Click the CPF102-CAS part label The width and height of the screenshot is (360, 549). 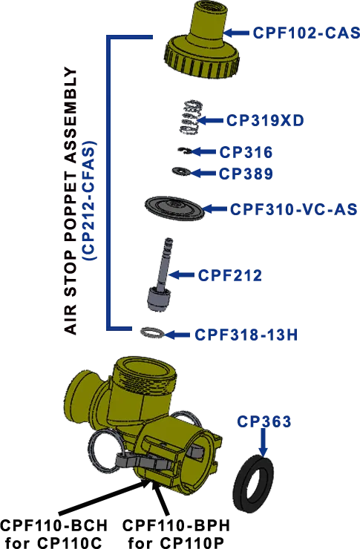(x=306, y=33)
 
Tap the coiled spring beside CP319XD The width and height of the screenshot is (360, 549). (x=189, y=118)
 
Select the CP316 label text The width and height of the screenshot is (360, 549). (x=246, y=152)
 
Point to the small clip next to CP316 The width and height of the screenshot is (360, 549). (x=184, y=151)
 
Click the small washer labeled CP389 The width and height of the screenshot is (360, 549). (x=181, y=171)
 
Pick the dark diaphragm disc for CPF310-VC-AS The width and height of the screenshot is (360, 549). (x=174, y=208)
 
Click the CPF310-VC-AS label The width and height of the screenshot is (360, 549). (x=293, y=209)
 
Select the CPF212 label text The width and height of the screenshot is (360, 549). (x=229, y=275)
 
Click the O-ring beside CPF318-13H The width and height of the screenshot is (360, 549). (x=152, y=332)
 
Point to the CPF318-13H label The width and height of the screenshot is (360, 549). (x=246, y=335)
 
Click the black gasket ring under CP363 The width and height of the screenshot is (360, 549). (x=254, y=484)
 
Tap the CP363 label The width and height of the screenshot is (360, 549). (x=264, y=421)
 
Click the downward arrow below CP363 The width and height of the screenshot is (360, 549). (x=263, y=443)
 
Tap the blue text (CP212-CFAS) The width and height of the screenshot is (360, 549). (x=89, y=200)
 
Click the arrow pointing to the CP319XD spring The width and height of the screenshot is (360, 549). (x=210, y=120)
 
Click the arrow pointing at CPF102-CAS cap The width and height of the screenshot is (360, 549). (x=236, y=33)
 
